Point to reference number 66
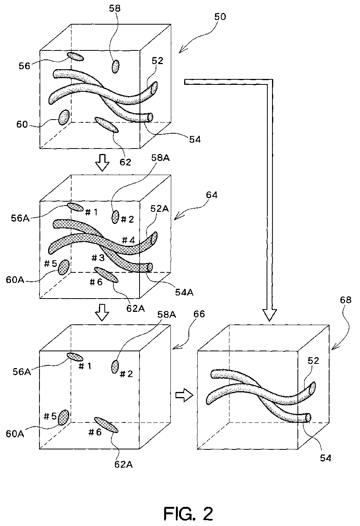199,314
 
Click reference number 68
346,300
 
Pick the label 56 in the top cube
24,66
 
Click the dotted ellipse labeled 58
115,66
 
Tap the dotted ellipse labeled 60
64,117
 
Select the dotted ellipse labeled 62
106,125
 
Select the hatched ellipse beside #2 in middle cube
115,216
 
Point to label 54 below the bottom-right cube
325,458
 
